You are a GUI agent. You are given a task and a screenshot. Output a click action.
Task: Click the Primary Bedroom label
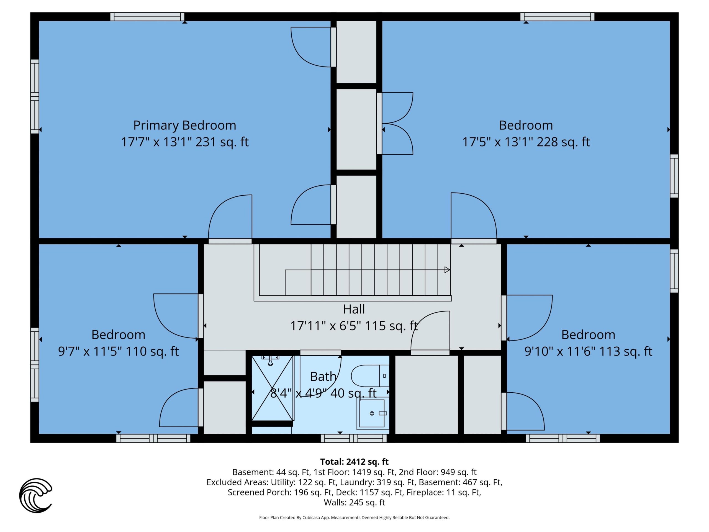point(185,125)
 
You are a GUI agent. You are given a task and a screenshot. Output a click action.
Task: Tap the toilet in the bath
point(370,375)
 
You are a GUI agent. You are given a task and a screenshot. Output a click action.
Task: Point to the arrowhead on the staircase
point(447,270)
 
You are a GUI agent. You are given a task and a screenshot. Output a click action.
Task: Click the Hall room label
point(354,309)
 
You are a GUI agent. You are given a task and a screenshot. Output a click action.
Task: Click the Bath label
point(323,377)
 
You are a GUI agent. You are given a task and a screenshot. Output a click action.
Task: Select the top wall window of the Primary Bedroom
point(147,17)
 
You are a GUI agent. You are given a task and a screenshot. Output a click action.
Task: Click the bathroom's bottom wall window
point(354,438)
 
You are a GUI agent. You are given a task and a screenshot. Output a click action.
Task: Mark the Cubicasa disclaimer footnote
point(354,517)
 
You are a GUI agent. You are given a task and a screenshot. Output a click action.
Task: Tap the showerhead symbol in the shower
point(271,360)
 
